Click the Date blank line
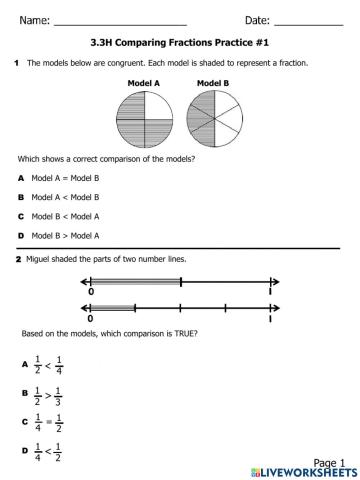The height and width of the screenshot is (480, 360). [x=307, y=23]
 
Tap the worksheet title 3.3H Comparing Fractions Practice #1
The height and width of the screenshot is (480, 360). [x=179, y=43]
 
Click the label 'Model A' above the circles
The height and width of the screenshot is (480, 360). [x=144, y=83]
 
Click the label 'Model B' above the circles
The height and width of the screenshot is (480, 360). [x=213, y=83]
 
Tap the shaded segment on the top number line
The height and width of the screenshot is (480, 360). [x=135, y=283]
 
